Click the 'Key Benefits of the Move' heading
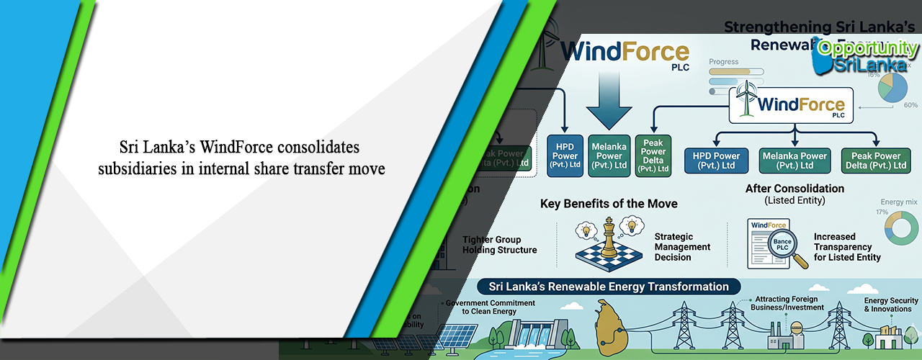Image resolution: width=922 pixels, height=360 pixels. click(609, 204)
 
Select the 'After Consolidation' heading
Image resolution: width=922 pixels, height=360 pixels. click(794, 189)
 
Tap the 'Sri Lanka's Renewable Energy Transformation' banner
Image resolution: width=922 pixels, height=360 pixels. click(609, 287)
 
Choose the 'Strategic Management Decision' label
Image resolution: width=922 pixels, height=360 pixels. click(682, 247)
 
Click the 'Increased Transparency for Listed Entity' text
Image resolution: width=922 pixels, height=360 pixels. click(847, 247)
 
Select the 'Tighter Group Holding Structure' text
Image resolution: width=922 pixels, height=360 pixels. click(499, 245)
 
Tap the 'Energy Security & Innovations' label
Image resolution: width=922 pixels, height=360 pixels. click(891, 305)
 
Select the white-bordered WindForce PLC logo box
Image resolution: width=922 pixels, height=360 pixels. click(792, 105)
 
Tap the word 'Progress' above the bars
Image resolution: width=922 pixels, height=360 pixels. click(724, 62)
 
